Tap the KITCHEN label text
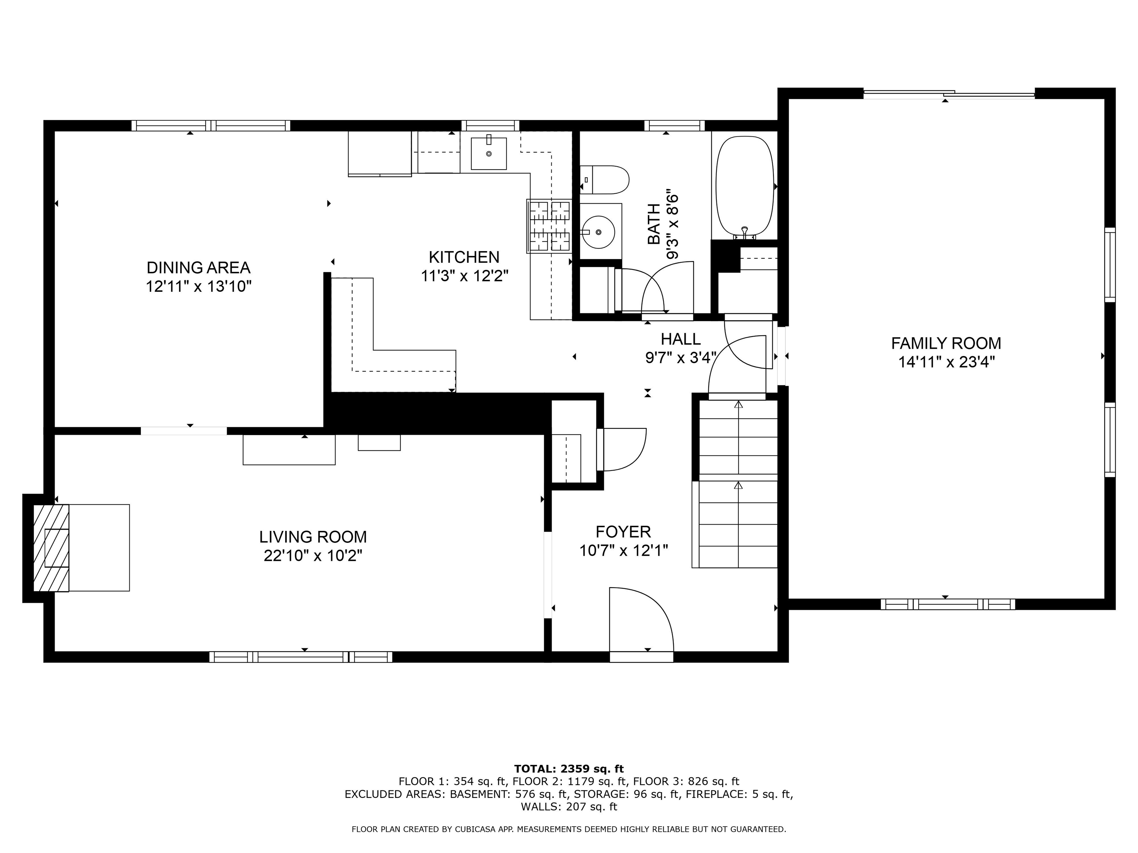(464, 257)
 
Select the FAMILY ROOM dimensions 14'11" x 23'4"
(946, 362)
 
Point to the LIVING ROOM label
(313, 537)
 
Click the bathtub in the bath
(745, 188)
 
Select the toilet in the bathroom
(605, 180)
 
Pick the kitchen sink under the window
(489, 153)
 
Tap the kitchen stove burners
(549, 226)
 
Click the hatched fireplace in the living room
(51, 548)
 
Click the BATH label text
(653, 224)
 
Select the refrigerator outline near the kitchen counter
(380, 154)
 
